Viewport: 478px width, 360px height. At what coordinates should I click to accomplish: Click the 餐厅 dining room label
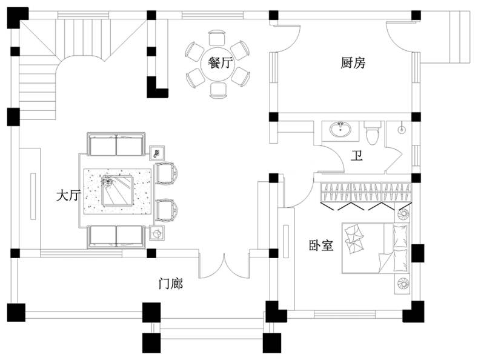(220, 63)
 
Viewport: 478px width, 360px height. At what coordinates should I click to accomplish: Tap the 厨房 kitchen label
(353, 63)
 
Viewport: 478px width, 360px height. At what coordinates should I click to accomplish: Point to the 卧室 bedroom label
(321, 245)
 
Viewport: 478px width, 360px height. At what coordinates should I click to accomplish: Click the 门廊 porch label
(171, 283)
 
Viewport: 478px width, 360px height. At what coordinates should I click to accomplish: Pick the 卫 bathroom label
(357, 156)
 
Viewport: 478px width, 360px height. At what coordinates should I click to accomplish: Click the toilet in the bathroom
(372, 133)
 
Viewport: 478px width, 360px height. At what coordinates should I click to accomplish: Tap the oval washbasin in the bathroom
(340, 130)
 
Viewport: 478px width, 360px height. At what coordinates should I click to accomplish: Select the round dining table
(217, 64)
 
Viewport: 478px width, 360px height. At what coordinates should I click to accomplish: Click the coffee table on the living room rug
(118, 192)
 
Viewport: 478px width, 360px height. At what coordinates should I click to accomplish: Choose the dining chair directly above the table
(217, 38)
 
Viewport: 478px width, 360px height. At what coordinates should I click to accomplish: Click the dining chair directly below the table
(217, 90)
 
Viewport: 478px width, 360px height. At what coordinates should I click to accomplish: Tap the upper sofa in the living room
(116, 144)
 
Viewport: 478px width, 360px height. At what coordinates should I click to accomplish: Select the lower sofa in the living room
(116, 237)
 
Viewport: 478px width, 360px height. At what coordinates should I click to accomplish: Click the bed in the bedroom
(375, 248)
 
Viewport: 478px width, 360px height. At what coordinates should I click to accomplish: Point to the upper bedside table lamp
(403, 213)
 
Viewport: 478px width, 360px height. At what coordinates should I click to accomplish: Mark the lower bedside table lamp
(403, 284)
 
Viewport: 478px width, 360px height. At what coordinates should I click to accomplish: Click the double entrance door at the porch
(224, 265)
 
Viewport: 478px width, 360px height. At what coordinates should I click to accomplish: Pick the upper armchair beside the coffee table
(167, 173)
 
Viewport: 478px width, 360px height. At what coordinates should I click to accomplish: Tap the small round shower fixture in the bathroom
(402, 128)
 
